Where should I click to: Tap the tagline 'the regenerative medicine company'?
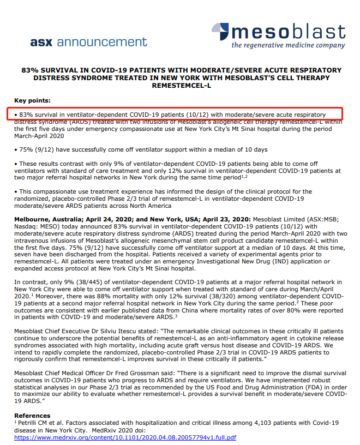[x=288, y=45]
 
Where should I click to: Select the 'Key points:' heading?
[x=32, y=101]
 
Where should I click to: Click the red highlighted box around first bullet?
[x=174, y=115]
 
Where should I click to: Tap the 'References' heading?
[x=32, y=415]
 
